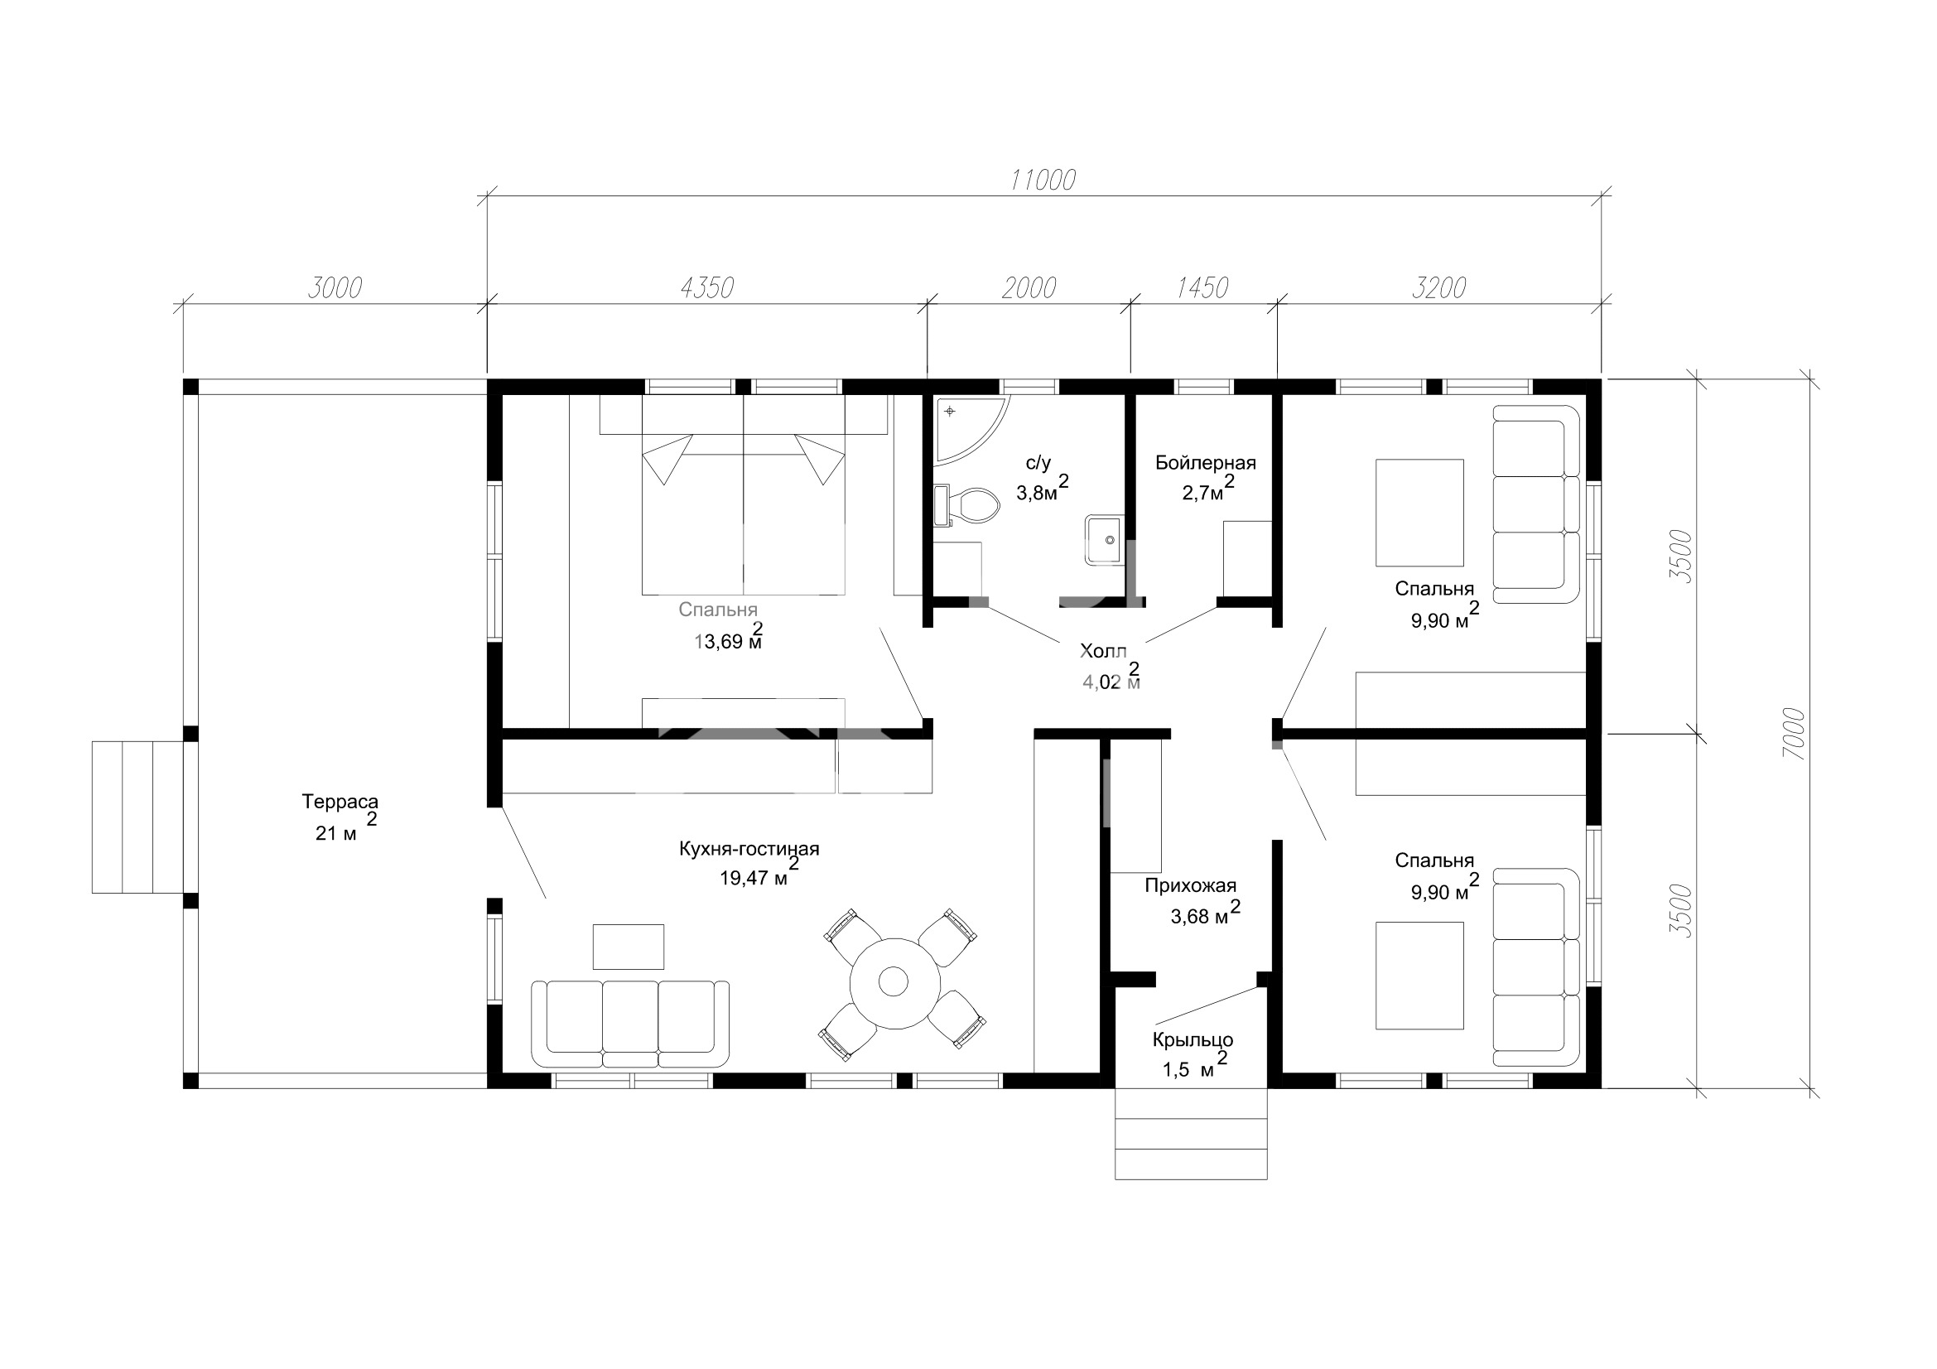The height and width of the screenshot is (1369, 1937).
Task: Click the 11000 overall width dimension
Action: coord(1043,180)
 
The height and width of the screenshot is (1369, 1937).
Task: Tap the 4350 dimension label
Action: coord(707,287)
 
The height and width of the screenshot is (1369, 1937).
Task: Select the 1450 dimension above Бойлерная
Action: coord(1202,287)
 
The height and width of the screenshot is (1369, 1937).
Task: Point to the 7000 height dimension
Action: coord(1794,733)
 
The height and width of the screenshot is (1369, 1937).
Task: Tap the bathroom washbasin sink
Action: coord(1105,539)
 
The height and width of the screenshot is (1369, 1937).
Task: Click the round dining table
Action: coord(894,982)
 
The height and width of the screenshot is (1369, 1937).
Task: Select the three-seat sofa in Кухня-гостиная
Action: coord(630,1023)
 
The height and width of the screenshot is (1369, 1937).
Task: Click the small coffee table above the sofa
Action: coord(628,947)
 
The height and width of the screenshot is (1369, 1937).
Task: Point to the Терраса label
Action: coord(340,802)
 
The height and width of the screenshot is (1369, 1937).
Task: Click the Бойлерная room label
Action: coord(1206,463)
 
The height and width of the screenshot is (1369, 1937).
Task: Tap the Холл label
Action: coord(1102,651)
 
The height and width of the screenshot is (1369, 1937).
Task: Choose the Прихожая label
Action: coord(1190,885)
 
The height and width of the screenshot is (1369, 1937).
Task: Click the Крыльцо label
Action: coord(1193,1041)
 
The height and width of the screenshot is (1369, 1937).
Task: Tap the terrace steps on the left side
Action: coord(137,817)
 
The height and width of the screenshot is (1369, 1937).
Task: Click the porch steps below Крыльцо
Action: coord(1190,1134)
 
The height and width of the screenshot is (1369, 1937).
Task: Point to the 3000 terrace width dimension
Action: coord(335,287)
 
